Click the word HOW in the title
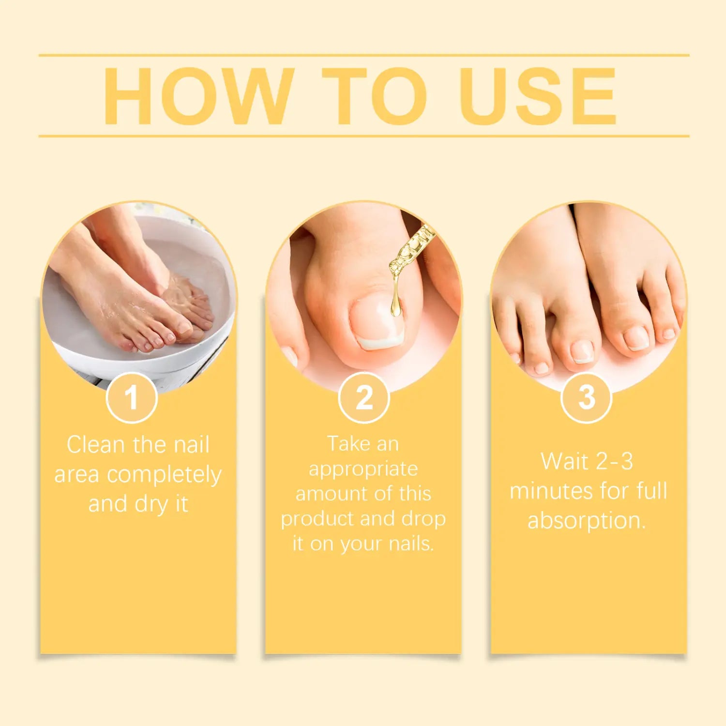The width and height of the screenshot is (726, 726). coord(199,96)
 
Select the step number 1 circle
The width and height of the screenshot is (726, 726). coord(132,397)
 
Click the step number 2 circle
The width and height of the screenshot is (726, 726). coord(364,397)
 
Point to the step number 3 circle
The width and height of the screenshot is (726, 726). coord(587,397)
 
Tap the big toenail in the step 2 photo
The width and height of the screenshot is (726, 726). coord(379,321)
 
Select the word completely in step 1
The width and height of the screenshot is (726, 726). coord(164,475)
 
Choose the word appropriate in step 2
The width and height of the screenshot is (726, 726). coord(363,469)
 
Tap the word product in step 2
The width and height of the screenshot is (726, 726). coord(318,519)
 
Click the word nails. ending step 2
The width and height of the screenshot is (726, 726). coord(411,544)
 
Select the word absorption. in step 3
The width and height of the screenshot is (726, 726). coord(587,521)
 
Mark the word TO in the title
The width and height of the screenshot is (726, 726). coord(375,96)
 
